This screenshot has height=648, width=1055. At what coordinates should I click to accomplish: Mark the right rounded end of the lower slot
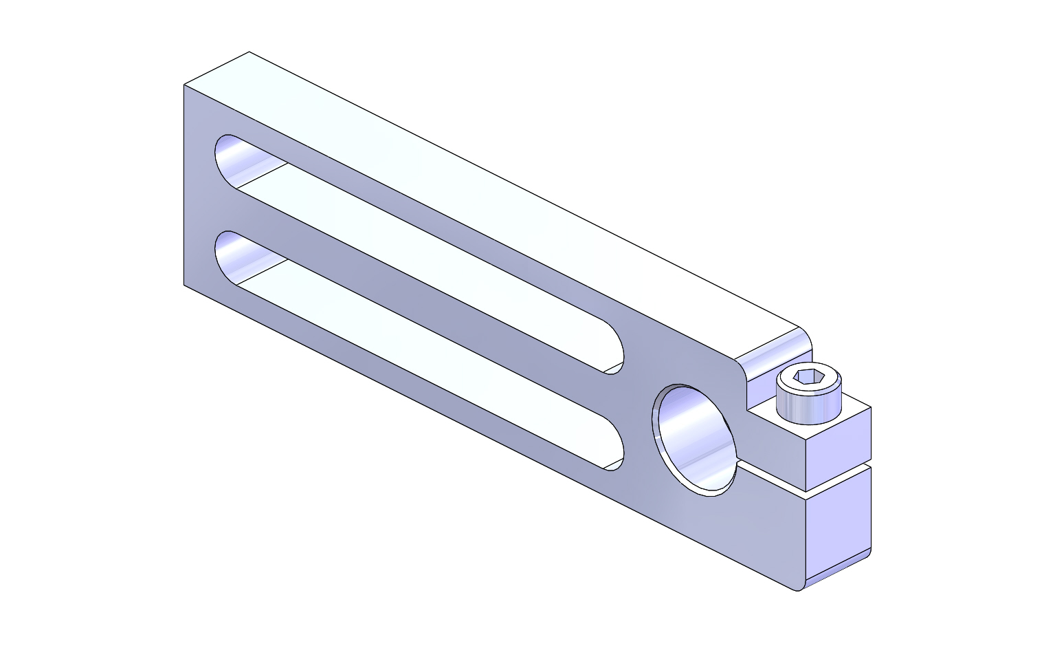[618, 451]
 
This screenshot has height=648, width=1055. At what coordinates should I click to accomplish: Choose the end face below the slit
[837, 526]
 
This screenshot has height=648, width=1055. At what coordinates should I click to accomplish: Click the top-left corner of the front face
[185, 86]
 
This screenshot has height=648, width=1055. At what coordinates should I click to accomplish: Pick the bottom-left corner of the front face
[185, 283]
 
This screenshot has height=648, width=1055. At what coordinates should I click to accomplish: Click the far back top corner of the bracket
[249, 52]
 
